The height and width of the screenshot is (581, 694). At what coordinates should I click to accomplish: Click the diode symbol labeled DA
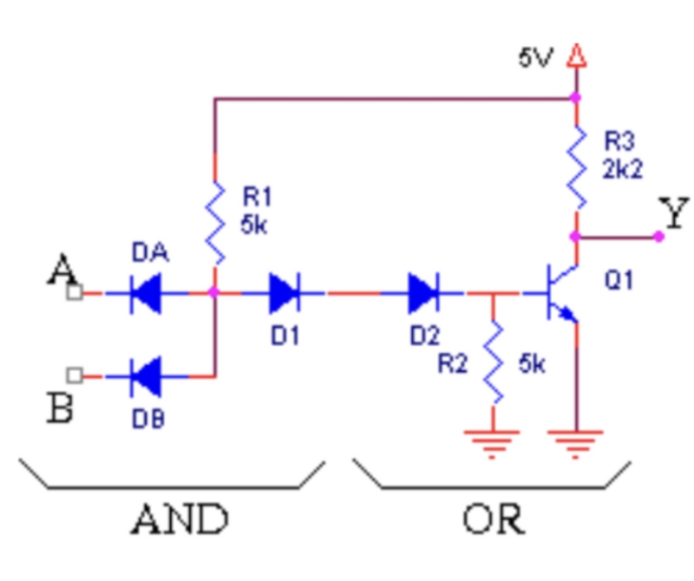click(x=145, y=293)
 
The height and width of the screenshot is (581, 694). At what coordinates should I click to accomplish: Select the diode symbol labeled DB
click(x=145, y=376)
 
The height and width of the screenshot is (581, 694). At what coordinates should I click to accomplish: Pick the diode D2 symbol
click(x=422, y=293)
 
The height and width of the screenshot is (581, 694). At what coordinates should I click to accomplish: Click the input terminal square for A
click(x=75, y=293)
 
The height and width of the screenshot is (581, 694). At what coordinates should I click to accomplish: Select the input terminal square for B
click(x=75, y=375)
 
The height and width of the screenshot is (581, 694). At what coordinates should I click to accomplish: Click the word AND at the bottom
click(x=180, y=520)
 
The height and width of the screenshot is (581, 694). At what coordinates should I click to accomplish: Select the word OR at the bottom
click(x=493, y=520)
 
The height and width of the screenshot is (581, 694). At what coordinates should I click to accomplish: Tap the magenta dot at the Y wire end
click(x=658, y=236)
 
